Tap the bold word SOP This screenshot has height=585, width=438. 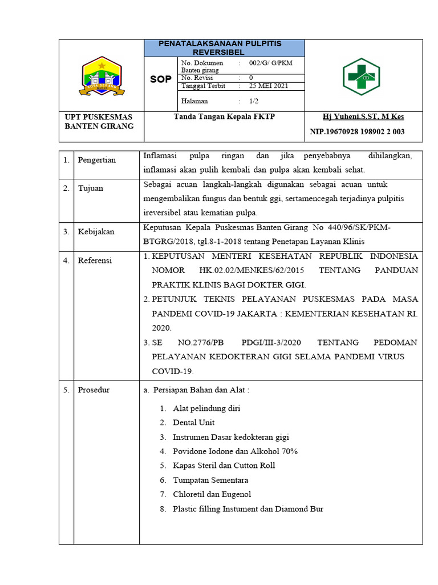point(160,79)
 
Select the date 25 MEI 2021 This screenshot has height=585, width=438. point(268,86)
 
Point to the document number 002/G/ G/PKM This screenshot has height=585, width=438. point(270,63)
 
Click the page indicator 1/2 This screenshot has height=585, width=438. point(254,101)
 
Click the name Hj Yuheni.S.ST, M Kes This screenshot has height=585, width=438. point(363,117)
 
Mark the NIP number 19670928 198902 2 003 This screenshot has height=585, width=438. point(357,132)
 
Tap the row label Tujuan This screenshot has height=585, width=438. point(91,188)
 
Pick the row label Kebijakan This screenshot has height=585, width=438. point(96,231)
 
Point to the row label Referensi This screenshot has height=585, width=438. point(95,261)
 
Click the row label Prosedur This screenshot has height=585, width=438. point(94,390)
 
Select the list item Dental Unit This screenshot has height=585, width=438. point(194,423)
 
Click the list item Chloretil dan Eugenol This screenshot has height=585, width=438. point(212,494)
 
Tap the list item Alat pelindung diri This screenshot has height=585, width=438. point(206,408)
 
